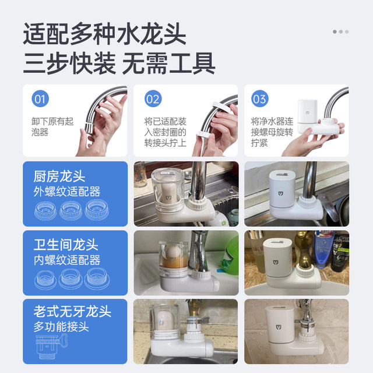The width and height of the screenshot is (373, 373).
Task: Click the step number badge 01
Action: tap(39, 99)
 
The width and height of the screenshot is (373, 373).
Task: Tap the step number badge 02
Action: tap(152, 99)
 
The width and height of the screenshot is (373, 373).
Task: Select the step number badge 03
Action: tap(259, 99)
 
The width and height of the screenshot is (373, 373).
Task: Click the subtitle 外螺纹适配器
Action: tap(66, 192)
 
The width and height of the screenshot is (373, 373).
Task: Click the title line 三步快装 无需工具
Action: tap(119, 63)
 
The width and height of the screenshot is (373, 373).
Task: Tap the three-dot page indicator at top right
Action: tap(341, 31)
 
